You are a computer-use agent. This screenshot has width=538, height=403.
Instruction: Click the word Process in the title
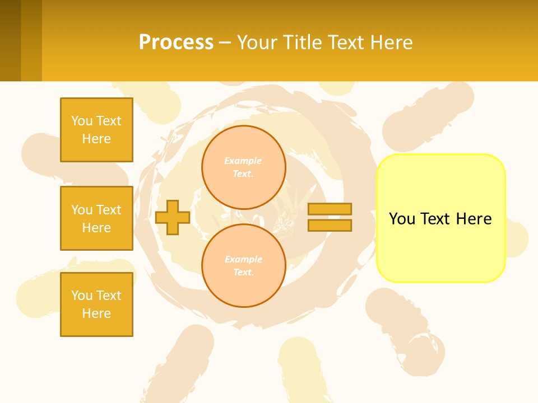coord(176,43)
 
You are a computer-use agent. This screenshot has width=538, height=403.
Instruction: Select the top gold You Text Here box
coord(96,130)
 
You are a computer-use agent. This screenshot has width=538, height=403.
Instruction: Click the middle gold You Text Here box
coord(96,218)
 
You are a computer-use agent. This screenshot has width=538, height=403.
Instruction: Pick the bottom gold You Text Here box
coord(96,304)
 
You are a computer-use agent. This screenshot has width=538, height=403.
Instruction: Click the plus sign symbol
coord(173,217)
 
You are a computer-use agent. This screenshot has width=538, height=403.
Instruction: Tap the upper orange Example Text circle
coord(244,167)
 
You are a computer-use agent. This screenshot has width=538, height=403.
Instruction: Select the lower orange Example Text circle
coord(244,266)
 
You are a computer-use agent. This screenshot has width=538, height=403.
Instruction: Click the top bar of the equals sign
coord(330,209)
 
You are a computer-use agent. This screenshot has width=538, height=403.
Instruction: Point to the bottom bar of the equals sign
coord(330,225)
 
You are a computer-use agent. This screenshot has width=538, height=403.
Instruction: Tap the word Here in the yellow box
coord(474,219)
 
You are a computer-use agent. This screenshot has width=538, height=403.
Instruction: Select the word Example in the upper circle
coord(243,161)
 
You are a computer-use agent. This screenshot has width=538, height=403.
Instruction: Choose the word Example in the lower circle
coord(243,259)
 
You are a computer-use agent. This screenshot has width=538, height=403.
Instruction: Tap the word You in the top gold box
coord(81,121)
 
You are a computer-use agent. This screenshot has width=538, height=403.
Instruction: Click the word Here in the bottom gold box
coord(96,313)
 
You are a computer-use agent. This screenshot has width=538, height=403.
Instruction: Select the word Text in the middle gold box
coord(109,210)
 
